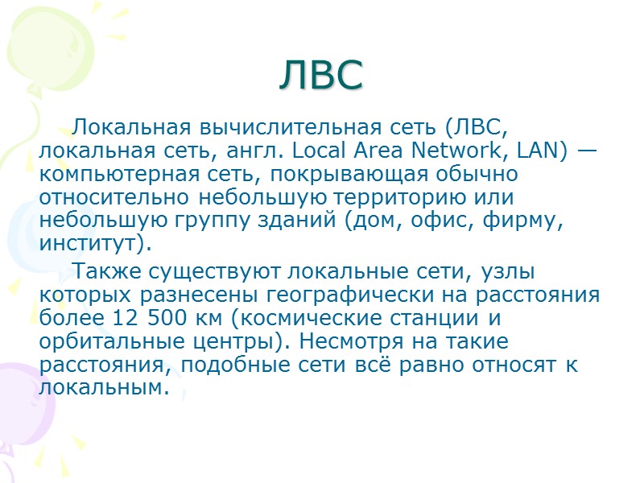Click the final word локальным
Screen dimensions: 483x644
point(105,387)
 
